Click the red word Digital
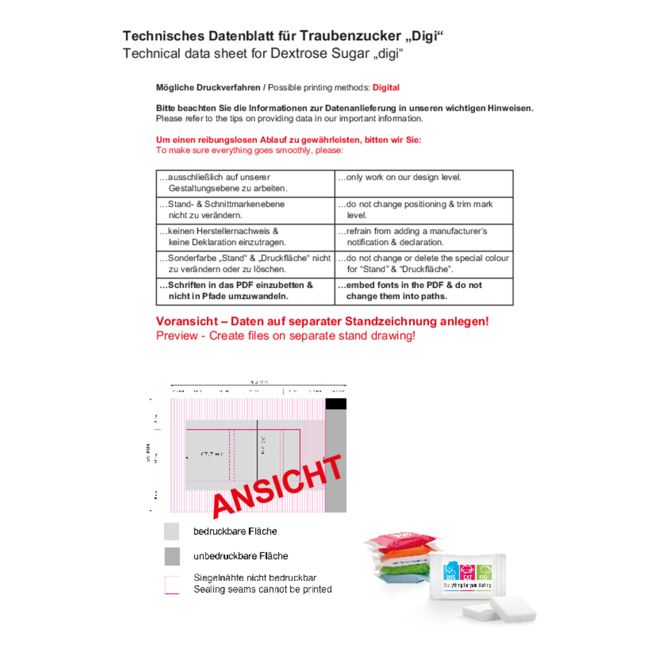click(385, 88)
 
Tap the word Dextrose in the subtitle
click(298, 53)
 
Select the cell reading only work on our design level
click(424, 183)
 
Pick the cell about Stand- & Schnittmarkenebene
click(245, 210)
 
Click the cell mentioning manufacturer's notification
click(424, 237)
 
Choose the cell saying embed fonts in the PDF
click(424, 291)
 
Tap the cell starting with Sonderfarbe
click(245, 264)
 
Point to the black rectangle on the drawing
click(336, 404)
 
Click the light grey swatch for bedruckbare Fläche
click(171, 531)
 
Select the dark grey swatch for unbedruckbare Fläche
click(172, 556)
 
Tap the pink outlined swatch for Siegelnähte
click(172, 585)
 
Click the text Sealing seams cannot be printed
click(263, 589)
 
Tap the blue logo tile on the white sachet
click(451, 572)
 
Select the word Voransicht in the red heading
click(187, 321)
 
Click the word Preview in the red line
click(177, 336)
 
